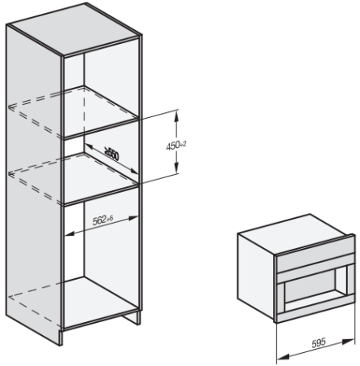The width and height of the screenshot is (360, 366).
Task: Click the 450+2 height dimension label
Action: (176, 146)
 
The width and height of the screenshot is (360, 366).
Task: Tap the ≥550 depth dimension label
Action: (112, 154)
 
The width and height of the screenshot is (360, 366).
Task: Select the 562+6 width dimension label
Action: (102, 220)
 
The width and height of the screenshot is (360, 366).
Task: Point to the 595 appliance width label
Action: (319, 343)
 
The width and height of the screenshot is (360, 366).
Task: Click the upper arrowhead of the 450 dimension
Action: (176, 115)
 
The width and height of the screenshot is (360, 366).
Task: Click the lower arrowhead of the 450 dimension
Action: (176, 168)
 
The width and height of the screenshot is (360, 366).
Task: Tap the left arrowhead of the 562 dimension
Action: (70, 233)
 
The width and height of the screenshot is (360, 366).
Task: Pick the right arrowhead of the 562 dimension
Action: (133, 218)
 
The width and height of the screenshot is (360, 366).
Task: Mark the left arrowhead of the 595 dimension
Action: (283, 357)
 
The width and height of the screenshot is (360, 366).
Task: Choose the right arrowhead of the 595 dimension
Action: (349, 342)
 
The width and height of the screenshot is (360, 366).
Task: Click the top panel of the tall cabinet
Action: (74, 29)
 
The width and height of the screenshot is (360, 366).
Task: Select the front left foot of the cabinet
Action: (61, 338)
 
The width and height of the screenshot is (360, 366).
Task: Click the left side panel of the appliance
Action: (256, 275)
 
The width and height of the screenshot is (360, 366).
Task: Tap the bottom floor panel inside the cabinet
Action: (101, 301)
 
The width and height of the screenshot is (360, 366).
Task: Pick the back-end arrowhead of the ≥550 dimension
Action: (89, 146)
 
